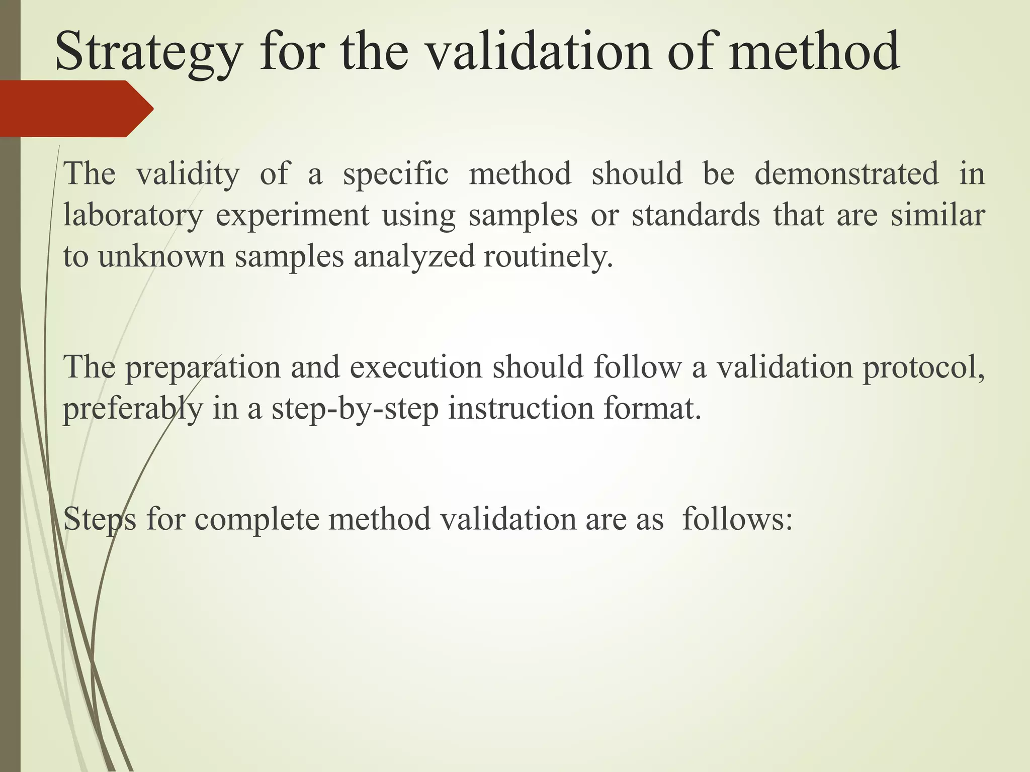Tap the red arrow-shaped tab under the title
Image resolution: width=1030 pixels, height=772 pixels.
75,109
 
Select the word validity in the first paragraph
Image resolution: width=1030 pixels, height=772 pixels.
188,174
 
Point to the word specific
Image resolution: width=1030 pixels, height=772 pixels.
395,174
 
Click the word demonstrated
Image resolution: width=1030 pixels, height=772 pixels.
846,174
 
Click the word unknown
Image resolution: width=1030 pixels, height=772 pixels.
161,256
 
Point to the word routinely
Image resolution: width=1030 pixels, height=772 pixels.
548,256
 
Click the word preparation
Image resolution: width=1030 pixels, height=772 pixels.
203,367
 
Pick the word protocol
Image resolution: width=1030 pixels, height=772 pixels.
923,367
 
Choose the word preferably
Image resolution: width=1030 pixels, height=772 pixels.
132,408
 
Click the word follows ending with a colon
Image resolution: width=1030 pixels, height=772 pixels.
737,519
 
